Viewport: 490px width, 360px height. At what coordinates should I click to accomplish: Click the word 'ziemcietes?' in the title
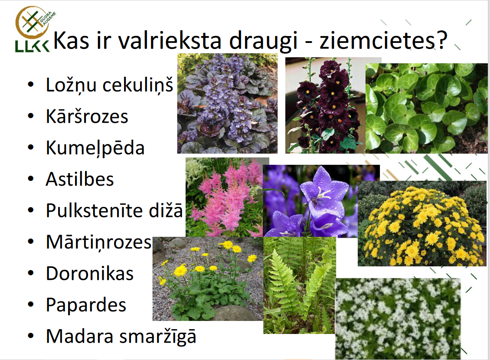tap(383, 40)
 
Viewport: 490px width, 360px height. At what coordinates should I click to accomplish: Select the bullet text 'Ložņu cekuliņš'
tap(109, 85)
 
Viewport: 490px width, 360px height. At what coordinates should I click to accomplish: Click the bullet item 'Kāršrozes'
tap(87, 116)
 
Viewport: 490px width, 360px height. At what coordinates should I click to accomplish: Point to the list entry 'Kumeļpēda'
tap(95, 148)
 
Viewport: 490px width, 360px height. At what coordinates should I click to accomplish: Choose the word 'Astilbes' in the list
tap(80, 179)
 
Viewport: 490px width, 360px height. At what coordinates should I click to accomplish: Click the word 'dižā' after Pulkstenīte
tap(166, 210)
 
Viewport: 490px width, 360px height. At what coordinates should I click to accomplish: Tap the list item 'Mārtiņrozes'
tap(99, 242)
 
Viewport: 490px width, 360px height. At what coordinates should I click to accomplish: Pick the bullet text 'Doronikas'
tap(90, 273)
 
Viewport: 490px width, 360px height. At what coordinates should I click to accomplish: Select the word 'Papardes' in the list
tap(86, 305)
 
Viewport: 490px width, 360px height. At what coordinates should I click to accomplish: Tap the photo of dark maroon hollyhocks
tap(325, 105)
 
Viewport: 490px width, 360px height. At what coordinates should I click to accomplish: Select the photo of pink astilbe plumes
tap(224, 197)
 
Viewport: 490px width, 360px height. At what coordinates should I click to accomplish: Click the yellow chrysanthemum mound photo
tap(422, 223)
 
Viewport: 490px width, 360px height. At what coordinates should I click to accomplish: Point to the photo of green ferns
tap(299, 285)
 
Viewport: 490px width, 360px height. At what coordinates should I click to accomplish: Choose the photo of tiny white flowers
tap(398, 318)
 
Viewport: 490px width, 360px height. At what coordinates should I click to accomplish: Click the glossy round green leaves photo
tap(427, 108)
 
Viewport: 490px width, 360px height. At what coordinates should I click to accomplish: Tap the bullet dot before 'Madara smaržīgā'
tap(31, 336)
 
